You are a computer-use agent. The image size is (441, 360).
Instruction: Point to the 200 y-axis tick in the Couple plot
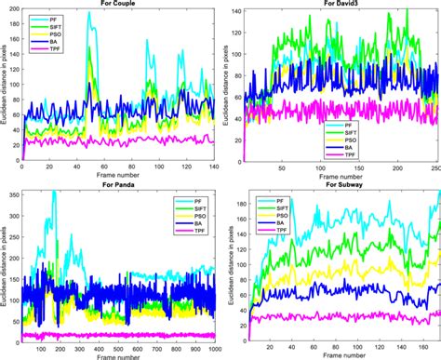(12, 10)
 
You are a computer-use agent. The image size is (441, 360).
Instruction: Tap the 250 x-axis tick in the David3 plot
(433, 168)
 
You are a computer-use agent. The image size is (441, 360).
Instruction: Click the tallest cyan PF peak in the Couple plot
(89, 13)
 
